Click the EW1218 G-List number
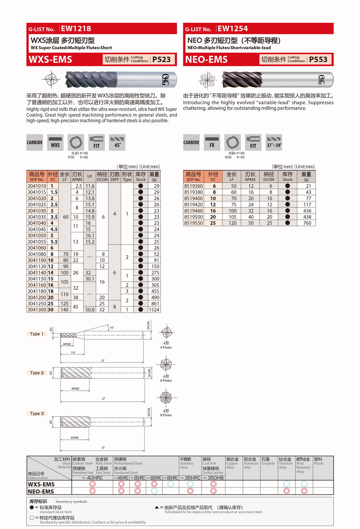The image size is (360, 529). (x=76, y=28)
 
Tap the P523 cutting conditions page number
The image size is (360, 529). (x=161, y=60)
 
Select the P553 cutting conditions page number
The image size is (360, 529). (x=318, y=60)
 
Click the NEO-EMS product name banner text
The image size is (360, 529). (x=207, y=60)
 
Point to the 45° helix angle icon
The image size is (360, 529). (x=117, y=143)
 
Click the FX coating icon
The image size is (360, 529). (x=212, y=143)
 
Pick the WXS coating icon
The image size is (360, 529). (x=55, y=143)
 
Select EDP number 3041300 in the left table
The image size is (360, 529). (x=36, y=310)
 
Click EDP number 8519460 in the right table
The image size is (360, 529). (x=193, y=211)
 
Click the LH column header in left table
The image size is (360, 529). (x=89, y=176)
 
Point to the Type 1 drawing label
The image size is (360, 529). (x=37, y=334)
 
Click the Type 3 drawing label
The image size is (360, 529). (x=37, y=414)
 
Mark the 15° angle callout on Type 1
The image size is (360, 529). (x=112, y=328)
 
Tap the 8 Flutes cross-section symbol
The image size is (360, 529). (x=166, y=397)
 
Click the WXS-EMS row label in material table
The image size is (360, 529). (x=41, y=484)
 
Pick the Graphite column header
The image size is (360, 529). (x=268, y=462)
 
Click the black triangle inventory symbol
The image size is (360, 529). (x=157, y=507)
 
